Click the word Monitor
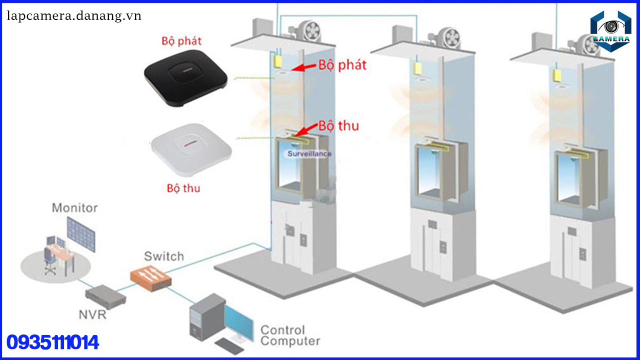click(x=74, y=207)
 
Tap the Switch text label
click(x=164, y=256)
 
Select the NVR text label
click(x=92, y=314)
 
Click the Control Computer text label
click(x=290, y=336)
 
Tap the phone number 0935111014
click(x=52, y=342)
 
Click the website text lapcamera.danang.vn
click(x=74, y=16)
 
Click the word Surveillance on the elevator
click(x=309, y=153)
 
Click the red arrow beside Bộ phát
click(x=303, y=67)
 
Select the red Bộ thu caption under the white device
click(x=183, y=188)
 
